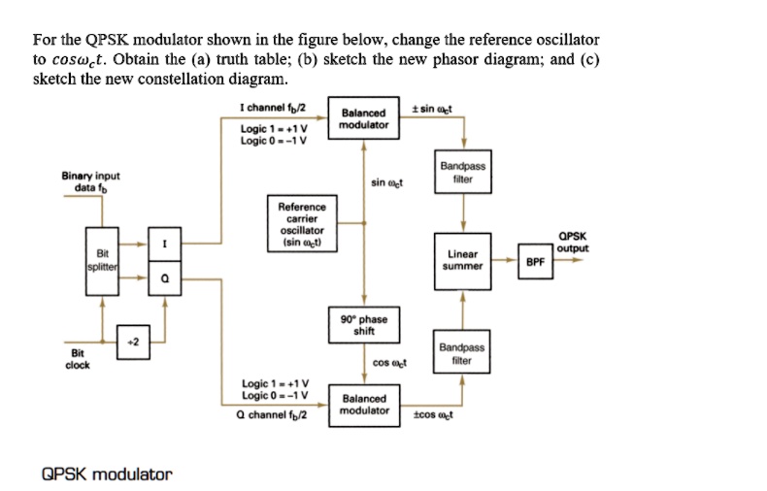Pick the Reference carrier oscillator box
click(303, 225)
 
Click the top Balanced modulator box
click(364, 119)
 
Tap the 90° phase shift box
click(364, 324)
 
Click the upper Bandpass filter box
click(462, 172)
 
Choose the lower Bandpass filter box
click(462, 353)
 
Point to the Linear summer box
click(462, 259)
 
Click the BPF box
click(535, 260)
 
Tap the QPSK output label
click(573, 242)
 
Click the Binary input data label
click(90, 180)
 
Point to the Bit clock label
click(78, 359)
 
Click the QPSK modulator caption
click(107, 474)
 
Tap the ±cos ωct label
click(433, 414)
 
